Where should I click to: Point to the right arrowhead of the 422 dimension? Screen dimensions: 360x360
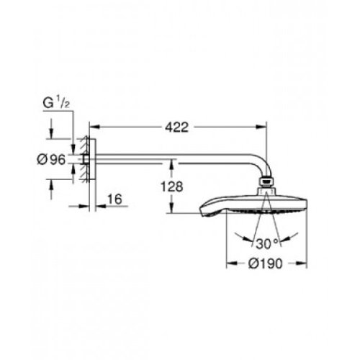pyautogui.click(x=265, y=128)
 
